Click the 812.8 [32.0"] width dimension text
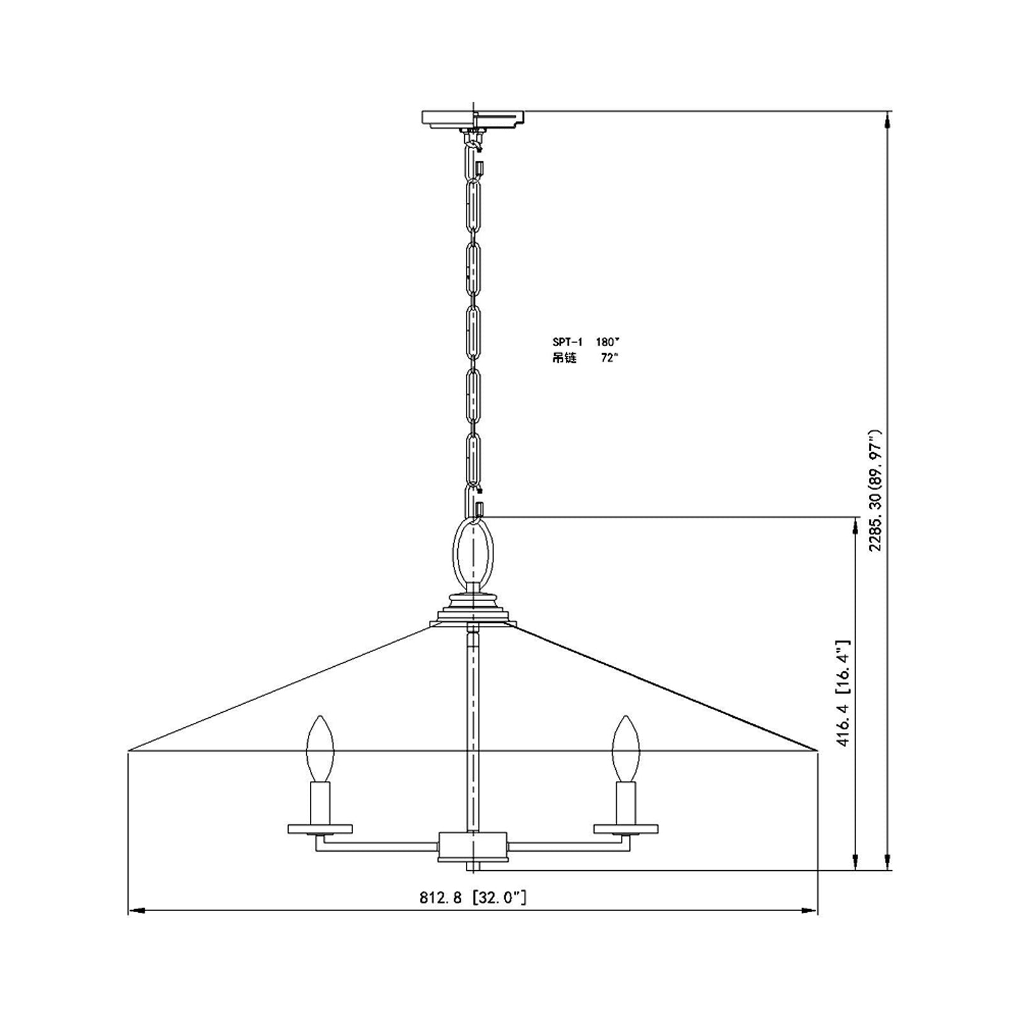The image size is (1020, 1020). point(473,898)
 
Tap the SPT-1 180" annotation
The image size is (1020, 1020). point(585,342)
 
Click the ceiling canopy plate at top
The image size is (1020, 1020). point(473,119)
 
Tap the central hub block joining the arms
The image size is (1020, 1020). point(472,846)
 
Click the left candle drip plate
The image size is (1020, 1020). point(320,829)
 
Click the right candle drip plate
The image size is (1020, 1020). point(625,829)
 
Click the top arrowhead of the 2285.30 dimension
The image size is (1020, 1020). point(887,119)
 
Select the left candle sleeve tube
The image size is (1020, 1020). point(320,803)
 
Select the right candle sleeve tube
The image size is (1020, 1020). point(625,803)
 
